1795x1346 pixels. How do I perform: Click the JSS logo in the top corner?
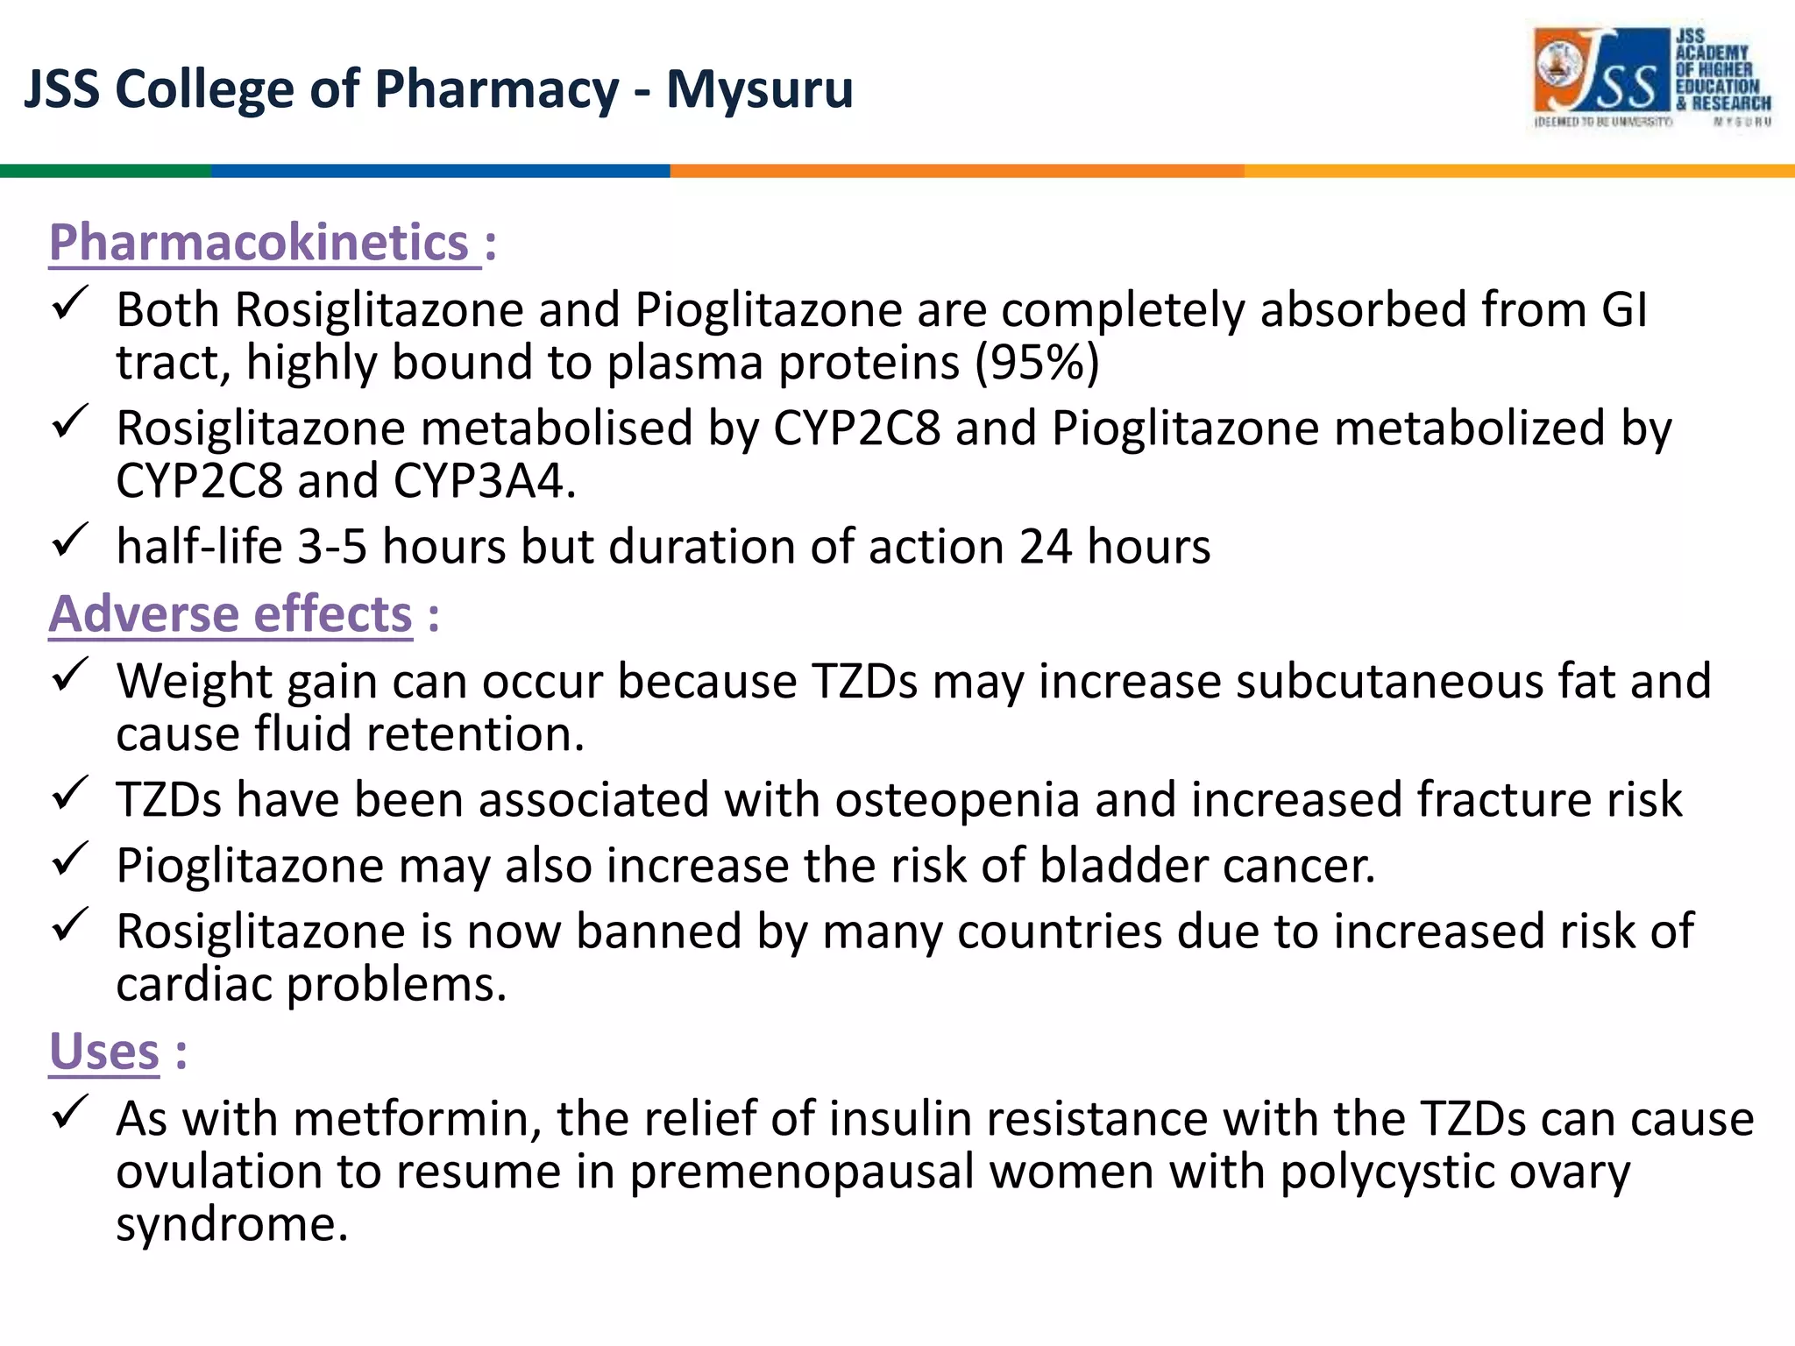point(1651,76)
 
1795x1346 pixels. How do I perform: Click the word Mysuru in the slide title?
point(759,89)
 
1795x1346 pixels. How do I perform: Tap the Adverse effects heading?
point(231,613)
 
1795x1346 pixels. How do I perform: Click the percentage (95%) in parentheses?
point(1038,363)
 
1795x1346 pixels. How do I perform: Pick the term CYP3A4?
point(484,481)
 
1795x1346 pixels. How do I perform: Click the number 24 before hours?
point(1045,547)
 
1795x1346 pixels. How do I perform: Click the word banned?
point(658,931)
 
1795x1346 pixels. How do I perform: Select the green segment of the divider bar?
point(105,171)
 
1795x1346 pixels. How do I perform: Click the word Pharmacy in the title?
point(498,89)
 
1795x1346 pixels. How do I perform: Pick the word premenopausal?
point(801,1172)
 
